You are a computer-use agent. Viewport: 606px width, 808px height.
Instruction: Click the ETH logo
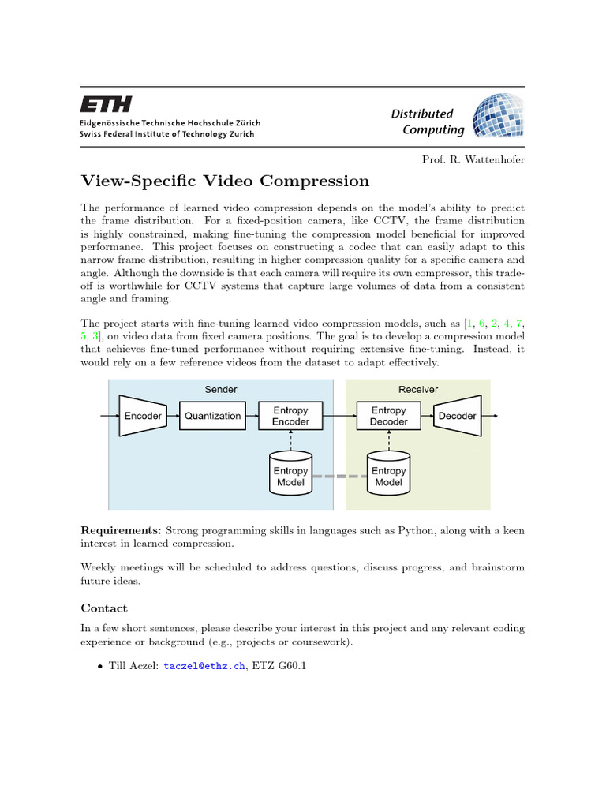pos(107,104)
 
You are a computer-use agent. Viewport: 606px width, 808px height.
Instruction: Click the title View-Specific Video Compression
pos(225,181)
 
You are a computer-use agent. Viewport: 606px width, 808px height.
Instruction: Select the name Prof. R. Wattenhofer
pos(473,159)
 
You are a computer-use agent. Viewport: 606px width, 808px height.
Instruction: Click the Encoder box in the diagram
pos(143,416)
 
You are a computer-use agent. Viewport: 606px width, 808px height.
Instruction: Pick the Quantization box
pos(212,416)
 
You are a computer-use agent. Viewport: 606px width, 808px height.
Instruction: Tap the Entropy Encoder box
pos(291,416)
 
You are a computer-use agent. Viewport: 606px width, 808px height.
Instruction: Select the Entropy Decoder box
pos(388,416)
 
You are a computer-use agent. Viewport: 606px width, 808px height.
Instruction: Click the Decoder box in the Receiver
pos(458,416)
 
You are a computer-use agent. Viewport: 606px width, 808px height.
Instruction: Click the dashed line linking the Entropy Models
pos(340,477)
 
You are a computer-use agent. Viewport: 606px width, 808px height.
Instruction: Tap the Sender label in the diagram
pos(221,389)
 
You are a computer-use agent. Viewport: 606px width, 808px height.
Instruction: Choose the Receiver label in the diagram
pos(418,389)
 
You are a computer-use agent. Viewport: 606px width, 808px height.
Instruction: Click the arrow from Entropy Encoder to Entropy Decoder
pos(340,416)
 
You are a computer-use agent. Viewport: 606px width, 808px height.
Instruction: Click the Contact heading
pos(104,608)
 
